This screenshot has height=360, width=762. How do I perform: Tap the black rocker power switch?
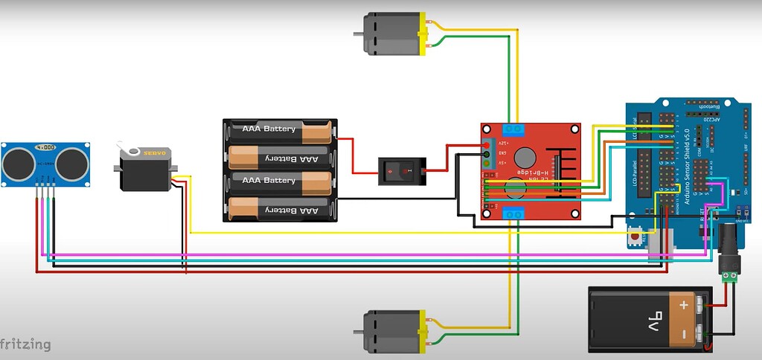[402, 171]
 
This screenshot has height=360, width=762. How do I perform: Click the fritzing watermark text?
[25, 344]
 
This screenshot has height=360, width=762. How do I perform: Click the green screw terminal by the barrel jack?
[729, 277]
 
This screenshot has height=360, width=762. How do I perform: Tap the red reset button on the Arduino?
[635, 237]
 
